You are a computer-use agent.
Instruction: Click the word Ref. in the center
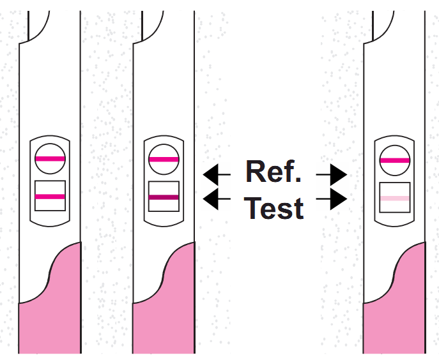coord(273,172)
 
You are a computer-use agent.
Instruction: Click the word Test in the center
coord(273,207)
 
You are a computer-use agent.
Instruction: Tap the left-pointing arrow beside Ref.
coord(217,173)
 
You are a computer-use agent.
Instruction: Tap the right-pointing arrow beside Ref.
coord(332,173)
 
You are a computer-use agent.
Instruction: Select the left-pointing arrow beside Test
coord(217,200)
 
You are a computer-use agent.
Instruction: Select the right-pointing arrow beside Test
coord(332,200)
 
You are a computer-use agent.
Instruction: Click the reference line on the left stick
coord(50,158)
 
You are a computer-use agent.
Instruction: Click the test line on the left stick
coord(50,197)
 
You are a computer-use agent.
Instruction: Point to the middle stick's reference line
coord(163,159)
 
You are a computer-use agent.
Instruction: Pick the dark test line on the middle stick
coord(163,197)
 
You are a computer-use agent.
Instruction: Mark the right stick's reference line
coord(394,160)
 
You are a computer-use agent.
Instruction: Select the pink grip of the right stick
coord(399,306)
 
